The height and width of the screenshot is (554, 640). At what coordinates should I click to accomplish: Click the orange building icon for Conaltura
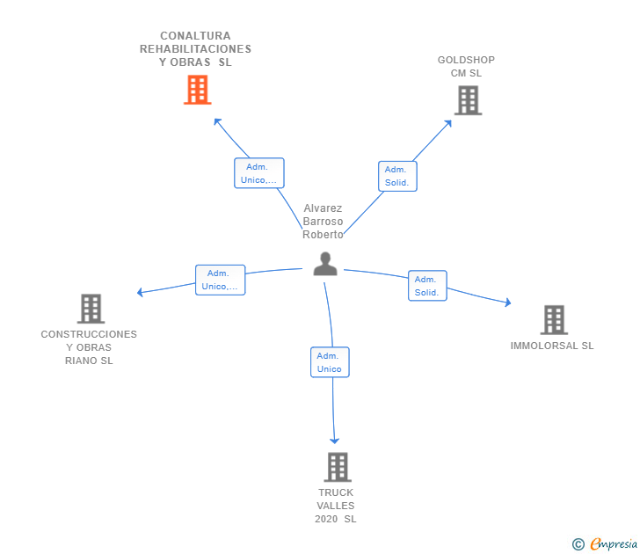pyautogui.click(x=198, y=90)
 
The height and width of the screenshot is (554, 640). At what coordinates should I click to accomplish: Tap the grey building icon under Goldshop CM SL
pyautogui.click(x=469, y=100)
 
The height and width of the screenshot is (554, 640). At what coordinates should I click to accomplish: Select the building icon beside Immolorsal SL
pyautogui.click(x=554, y=320)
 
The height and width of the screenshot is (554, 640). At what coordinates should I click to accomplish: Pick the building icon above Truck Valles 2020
pyautogui.click(x=338, y=467)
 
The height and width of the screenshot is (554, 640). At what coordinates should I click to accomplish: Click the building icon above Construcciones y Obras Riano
pyautogui.click(x=91, y=309)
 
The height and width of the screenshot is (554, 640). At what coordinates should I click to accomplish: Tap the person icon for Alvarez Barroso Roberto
pyautogui.click(x=325, y=264)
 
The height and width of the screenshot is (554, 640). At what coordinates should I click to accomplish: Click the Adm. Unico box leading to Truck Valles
pyautogui.click(x=330, y=362)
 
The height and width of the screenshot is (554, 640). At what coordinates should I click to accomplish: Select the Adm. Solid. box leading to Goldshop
pyautogui.click(x=397, y=177)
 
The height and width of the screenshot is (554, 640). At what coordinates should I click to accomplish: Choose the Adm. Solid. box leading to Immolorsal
pyautogui.click(x=427, y=286)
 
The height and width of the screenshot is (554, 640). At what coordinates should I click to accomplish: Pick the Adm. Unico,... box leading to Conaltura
pyautogui.click(x=259, y=173)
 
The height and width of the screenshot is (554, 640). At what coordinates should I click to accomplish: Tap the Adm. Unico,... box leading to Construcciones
pyautogui.click(x=220, y=280)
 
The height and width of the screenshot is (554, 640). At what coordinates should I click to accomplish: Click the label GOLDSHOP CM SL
pyautogui.click(x=466, y=67)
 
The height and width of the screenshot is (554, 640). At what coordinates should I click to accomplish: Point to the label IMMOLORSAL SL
pyautogui.click(x=552, y=346)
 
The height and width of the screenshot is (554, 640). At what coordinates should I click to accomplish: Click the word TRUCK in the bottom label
pyautogui.click(x=336, y=492)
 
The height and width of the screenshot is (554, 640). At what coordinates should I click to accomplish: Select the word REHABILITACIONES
pyautogui.click(x=195, y=49)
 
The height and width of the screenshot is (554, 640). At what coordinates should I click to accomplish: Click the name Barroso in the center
pyautogui.click(x=323, y=222)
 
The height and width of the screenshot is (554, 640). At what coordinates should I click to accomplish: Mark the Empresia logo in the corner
pyautogui.click(x=605, y=543)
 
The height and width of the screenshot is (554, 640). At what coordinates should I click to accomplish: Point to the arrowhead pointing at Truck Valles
pyautogui.click(x=335, y=441)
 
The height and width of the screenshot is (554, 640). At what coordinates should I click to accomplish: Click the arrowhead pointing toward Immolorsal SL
pyautogui.click(x=508, y=303)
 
